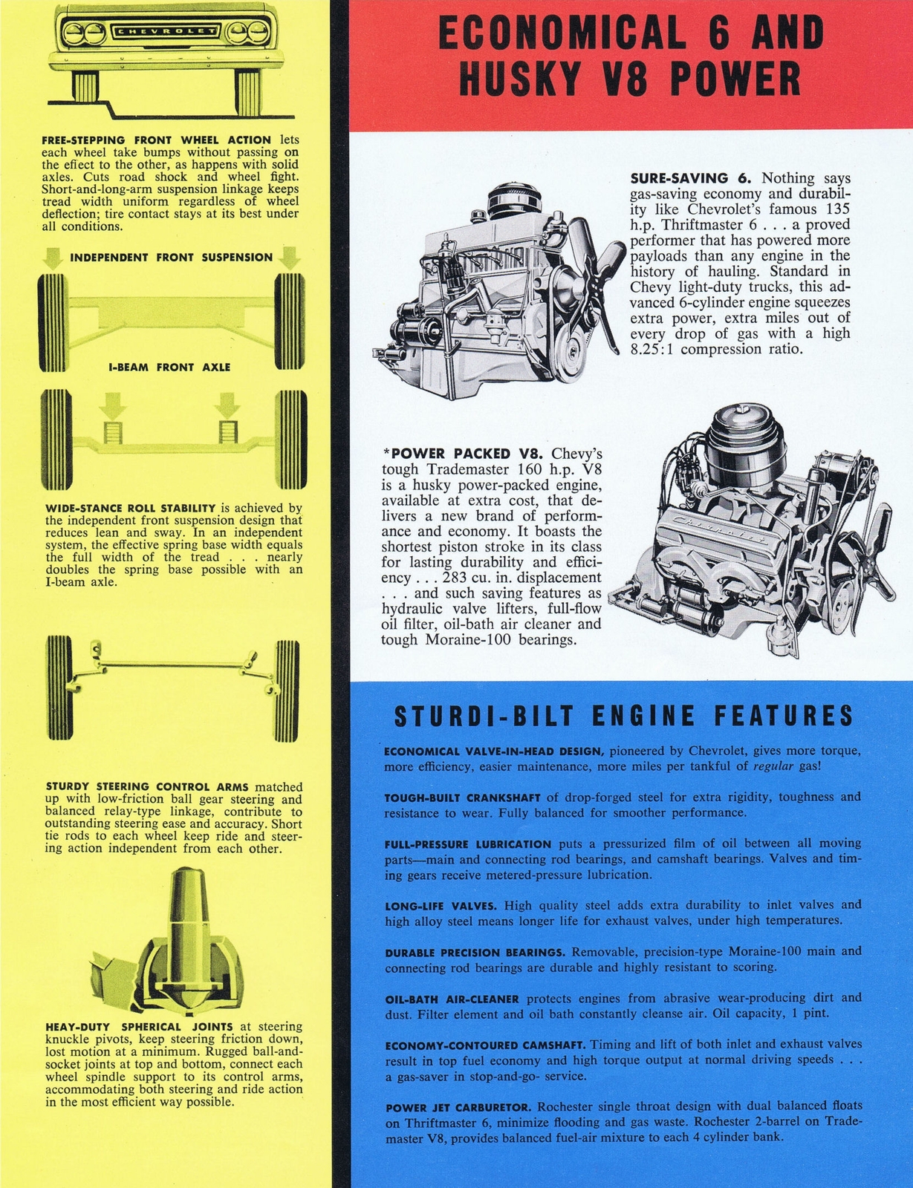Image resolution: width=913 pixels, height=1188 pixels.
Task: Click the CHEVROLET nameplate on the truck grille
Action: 166,31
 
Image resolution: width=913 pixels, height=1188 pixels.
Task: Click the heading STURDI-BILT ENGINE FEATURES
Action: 623,716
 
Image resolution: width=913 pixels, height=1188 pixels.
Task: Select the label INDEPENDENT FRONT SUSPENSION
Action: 171,258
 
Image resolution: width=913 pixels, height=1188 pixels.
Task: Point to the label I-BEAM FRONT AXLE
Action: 170,367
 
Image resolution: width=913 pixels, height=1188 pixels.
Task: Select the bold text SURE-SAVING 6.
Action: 691,178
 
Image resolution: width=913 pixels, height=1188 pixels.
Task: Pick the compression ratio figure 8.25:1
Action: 653,349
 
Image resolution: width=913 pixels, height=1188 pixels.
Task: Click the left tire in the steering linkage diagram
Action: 59,688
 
